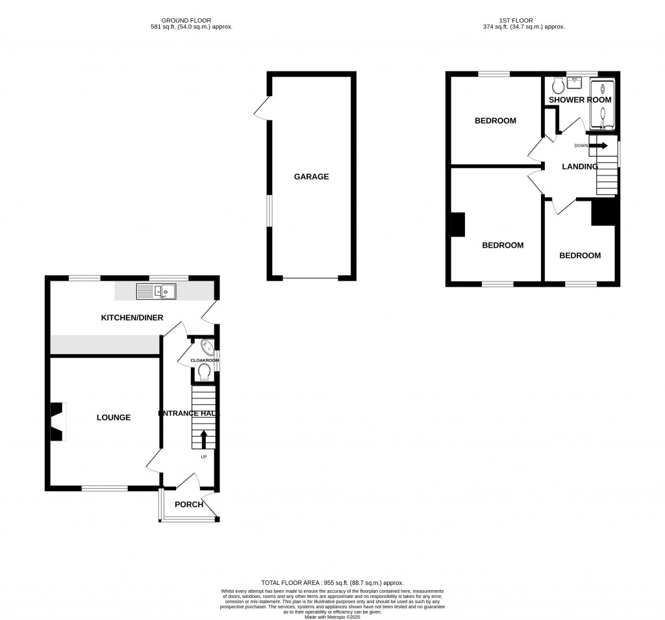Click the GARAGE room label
[x=311, y=177]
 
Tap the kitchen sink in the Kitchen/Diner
[x=156, y=292]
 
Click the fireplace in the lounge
[x=57, y=421]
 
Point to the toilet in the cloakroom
[x=205, y=371]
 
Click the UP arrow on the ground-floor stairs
[x=205, y=439]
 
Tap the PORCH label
[x=189, y=504]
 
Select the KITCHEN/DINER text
[x=131, y=318]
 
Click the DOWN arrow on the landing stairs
[x=598, y=146]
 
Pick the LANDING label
[x=580, y=166]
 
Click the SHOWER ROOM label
[x=580, y=100]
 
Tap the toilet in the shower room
[x=557, y=86]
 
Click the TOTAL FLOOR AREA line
[x=332, y=583]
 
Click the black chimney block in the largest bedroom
[x=458, y=225]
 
